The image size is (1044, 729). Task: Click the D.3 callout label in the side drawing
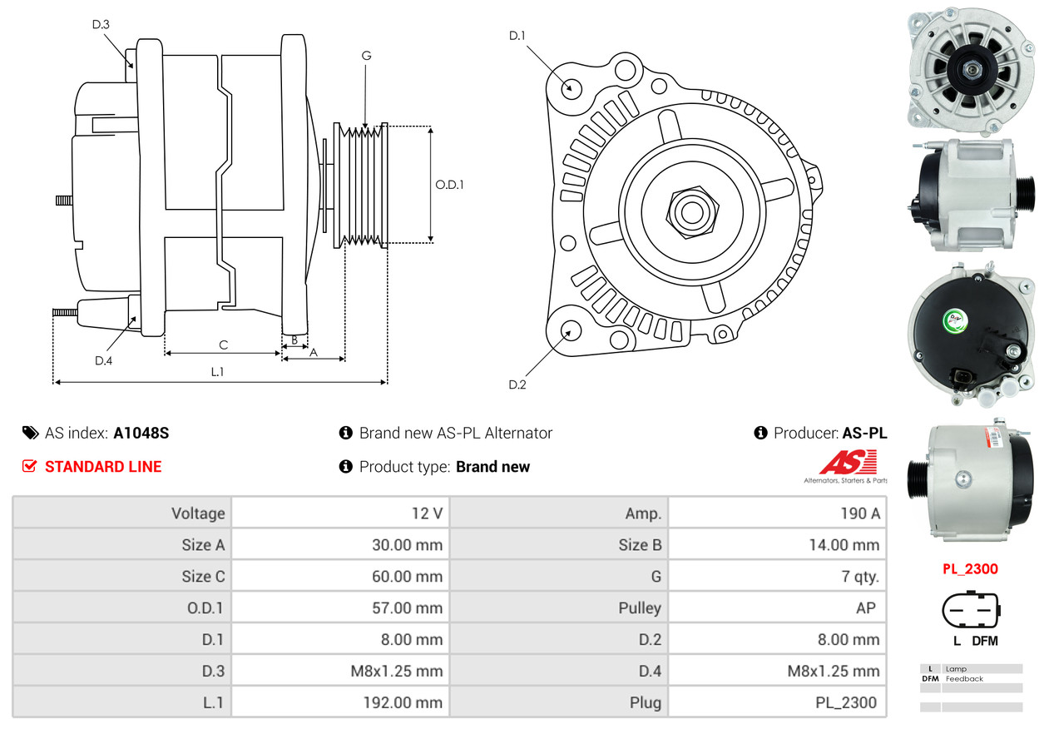[101, 24]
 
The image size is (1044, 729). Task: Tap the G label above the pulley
[366, 56]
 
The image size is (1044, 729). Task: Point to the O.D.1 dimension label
[449, 185]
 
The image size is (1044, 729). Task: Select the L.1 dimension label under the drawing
[217, 371]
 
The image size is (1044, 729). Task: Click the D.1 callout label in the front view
[517, 36]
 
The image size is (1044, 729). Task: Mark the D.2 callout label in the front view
[517, 384]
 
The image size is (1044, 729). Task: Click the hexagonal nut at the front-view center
[692, 212]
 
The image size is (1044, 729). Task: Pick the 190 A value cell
[860, 513]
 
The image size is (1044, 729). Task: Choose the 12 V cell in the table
[427, 513]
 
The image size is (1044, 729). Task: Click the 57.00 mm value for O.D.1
[407, 607]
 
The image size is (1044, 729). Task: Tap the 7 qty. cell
[860, 577]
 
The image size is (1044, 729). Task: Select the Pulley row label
[640, 608]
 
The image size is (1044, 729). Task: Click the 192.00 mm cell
[403, 702]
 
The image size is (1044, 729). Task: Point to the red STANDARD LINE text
[103, 467]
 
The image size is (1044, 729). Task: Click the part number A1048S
[141, 433]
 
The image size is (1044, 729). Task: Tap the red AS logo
[849, 462]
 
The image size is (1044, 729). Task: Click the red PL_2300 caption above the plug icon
[970, 568]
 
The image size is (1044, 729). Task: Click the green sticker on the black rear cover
[955, 320]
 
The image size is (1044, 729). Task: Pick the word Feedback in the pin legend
[964, 679]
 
